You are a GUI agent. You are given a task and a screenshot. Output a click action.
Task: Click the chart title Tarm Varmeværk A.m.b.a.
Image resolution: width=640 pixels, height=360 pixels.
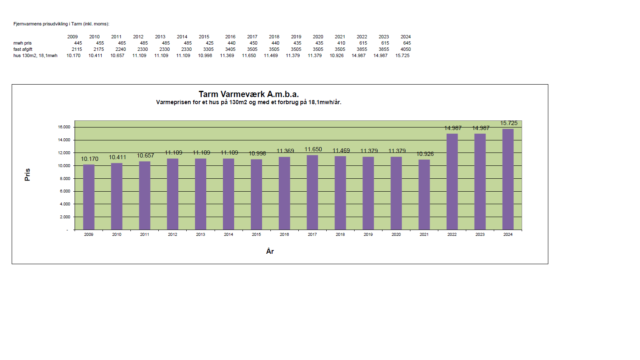pos(248,94)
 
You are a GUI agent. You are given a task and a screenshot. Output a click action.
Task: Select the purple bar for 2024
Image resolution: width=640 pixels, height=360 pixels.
pos(508,179)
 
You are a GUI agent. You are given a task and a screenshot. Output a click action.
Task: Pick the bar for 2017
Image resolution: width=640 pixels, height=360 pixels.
pos(312,192)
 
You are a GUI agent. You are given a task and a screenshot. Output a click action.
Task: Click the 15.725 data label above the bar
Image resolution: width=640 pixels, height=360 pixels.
pos(509,123)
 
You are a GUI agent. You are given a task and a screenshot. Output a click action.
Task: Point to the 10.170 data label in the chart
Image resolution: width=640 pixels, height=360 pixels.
pos(90,159)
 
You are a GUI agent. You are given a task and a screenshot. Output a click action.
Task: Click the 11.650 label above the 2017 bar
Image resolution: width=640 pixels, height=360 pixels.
pos(313,149)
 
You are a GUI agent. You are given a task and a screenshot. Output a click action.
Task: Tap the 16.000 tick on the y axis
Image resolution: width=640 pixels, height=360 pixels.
pos(64,127)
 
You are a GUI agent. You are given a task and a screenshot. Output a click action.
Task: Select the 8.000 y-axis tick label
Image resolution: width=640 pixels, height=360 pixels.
pos(65,178)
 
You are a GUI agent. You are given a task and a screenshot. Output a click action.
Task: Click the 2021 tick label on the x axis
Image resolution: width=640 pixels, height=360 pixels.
pos(424,235)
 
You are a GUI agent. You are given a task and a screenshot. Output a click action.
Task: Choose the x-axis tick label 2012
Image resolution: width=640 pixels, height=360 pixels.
pos(172,235)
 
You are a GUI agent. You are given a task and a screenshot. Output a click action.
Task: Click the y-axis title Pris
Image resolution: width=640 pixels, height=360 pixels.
pos(27,175)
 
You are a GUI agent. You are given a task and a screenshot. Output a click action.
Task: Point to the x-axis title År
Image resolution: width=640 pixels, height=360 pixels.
pos(270,251)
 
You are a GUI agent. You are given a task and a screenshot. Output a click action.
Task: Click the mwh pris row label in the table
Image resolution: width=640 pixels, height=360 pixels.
pos(22,43)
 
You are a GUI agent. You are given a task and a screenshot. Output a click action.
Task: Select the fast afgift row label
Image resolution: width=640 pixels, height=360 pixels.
pos(23,49)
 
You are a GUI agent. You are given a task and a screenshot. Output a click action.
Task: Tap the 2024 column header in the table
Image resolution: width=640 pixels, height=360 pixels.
pos(405,37)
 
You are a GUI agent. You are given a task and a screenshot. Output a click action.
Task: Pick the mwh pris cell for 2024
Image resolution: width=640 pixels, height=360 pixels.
pos(407,43)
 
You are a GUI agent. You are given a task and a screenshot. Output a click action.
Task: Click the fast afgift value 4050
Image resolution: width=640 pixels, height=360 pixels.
pos(405,49)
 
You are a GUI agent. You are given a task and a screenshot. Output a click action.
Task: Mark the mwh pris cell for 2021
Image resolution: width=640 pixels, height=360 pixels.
pos(341,43)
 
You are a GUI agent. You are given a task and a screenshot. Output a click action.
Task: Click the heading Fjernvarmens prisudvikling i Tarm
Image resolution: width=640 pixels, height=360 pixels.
pos(61,24)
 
